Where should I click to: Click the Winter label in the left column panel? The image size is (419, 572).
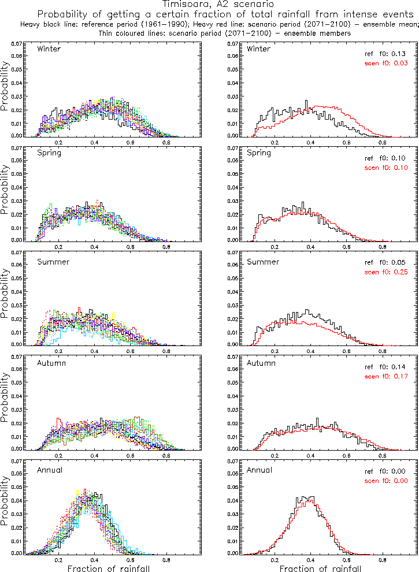pos(49,49)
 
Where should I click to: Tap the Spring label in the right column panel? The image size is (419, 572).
pos(259,154)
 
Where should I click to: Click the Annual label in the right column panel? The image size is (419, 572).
pos(259,470)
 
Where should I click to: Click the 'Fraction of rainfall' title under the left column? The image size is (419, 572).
pos(109,569)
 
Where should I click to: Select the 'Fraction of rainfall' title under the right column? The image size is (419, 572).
pos(320,569)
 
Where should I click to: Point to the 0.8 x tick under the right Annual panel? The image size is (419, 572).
pos(383,560)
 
